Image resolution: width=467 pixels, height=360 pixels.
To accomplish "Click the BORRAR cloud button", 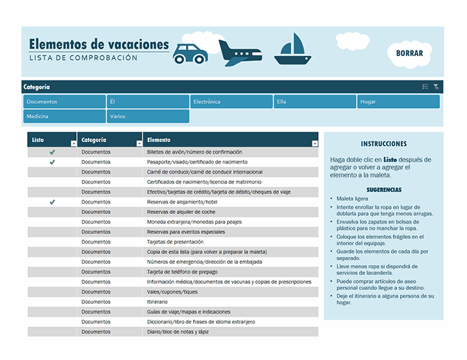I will coord(410,53).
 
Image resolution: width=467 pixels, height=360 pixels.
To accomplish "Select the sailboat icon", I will coord(293,50).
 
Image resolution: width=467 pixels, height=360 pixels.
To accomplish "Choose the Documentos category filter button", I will coord(64,102).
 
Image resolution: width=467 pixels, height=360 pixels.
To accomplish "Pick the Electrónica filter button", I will coord(231,102).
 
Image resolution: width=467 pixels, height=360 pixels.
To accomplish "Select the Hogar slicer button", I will coord(399,102).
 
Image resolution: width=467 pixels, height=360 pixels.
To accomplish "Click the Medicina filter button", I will coord(64,116).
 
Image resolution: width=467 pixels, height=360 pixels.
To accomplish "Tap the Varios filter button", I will coord(147,116).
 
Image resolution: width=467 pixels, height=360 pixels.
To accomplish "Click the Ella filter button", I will coord(315,102).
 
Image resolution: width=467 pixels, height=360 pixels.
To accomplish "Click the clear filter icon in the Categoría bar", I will coord(437,87).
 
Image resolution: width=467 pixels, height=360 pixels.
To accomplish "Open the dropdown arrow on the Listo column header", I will coord(73,143).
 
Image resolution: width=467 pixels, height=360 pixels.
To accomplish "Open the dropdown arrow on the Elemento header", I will coord(315,143).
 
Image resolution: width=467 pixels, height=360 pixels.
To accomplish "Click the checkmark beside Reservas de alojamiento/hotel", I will coord(52,202).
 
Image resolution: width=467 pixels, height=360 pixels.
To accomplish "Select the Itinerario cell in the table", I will coord(158,302).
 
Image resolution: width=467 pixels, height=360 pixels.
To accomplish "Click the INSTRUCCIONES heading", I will coord(383,144).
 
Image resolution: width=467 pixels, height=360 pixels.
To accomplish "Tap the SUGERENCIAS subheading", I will coord(383,190).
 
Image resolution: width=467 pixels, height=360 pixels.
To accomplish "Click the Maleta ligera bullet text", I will coord(354,199).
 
